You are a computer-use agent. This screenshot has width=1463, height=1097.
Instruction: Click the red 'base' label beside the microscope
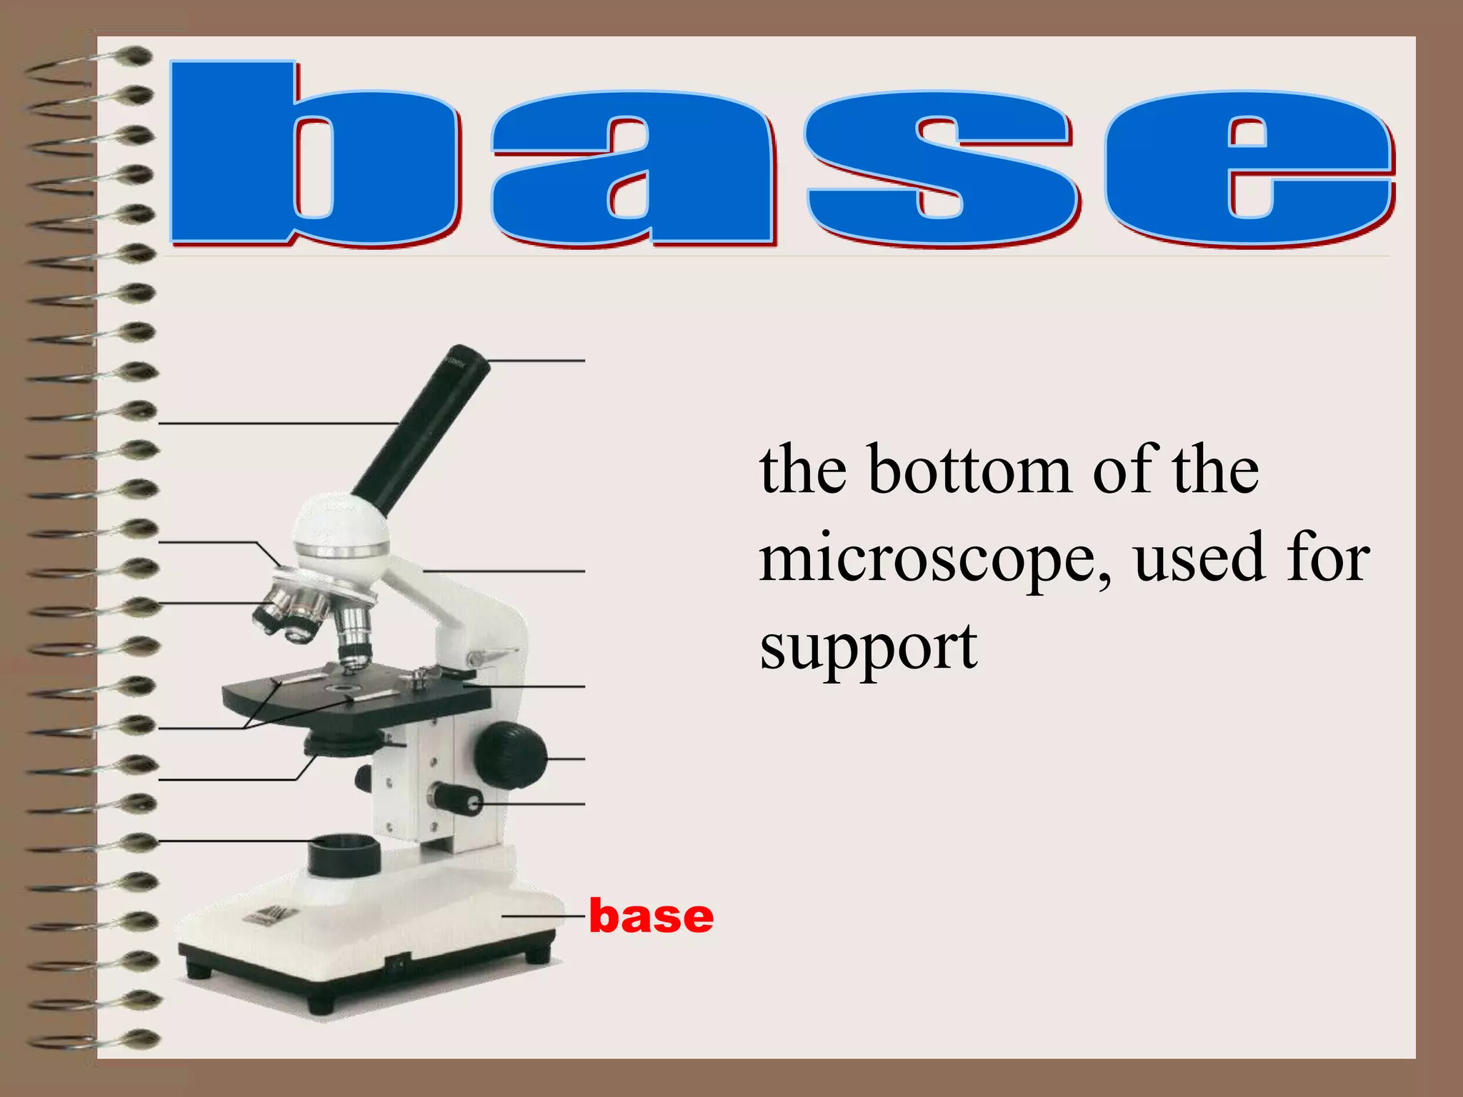651,916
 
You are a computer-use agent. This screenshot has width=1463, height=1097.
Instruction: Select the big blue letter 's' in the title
939,169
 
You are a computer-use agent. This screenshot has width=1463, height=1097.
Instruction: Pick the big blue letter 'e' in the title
1250,169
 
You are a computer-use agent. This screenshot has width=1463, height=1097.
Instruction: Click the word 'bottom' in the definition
969,471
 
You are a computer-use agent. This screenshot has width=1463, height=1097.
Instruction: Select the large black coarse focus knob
511,755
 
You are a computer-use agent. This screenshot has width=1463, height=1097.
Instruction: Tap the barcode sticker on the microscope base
271,916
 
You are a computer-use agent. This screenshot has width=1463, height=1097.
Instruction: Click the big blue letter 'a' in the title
632,169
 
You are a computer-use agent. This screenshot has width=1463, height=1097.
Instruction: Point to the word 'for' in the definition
1328,558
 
